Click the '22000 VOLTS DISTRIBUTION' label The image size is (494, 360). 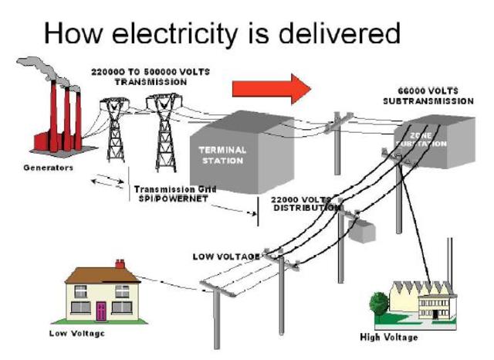305,203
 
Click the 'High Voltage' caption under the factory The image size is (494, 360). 390,338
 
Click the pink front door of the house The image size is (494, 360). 100,311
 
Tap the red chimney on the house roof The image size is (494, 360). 120,265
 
